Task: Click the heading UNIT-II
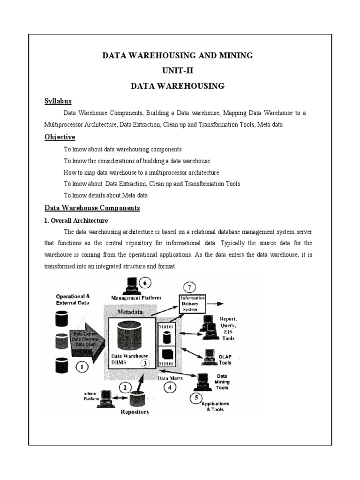coord(178,71)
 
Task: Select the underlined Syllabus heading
coord(58,101)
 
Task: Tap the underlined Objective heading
coord(60,137)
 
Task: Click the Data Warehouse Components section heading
coord(92,208)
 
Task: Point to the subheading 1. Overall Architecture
coord(76,220)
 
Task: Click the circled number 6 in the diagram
coord(147,283)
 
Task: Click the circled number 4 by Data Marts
coord(170,387)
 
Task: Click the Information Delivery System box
coord(193,303)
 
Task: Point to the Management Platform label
coord(136,297)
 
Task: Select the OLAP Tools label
coord(225,359)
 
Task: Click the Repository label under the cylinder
coord(135,412)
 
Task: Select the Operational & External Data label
coord(73,299)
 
